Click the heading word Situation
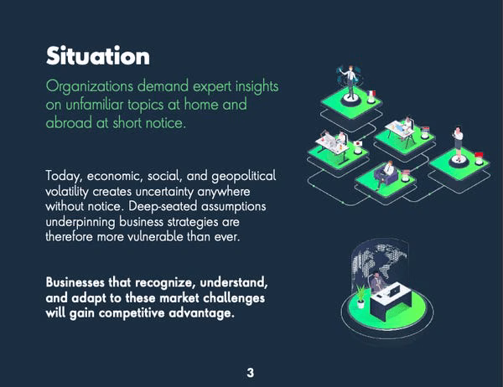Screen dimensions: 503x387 pyautogui.click(x=98, y=56)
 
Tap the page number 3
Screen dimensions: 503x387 pyautogui.click(x=250, y=373)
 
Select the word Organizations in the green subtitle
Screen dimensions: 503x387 pyautogui.click(x=89, y=86)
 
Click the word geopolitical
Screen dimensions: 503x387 pyautogui.click(x=244, y=177)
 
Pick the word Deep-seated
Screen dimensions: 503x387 pyautogui.click(x=163, y=207)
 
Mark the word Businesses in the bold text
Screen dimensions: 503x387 pyautogui.click(x=75, y=282)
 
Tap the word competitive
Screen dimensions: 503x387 pyautogui.click(x=132, y=313)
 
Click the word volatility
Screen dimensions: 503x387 pyautogui.click(x=67, y=192)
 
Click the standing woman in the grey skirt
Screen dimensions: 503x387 pyautogui.click(x=458, y=143)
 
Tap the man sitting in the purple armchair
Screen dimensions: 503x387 pyautogui.click(x=386, y=173)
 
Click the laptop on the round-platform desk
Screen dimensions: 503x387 pyautogui.click(x=393, y=290)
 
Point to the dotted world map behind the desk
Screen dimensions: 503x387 pyautogui.click(x=380, y=262)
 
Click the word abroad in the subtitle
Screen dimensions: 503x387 pyautogui.click(x=69, y=123)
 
